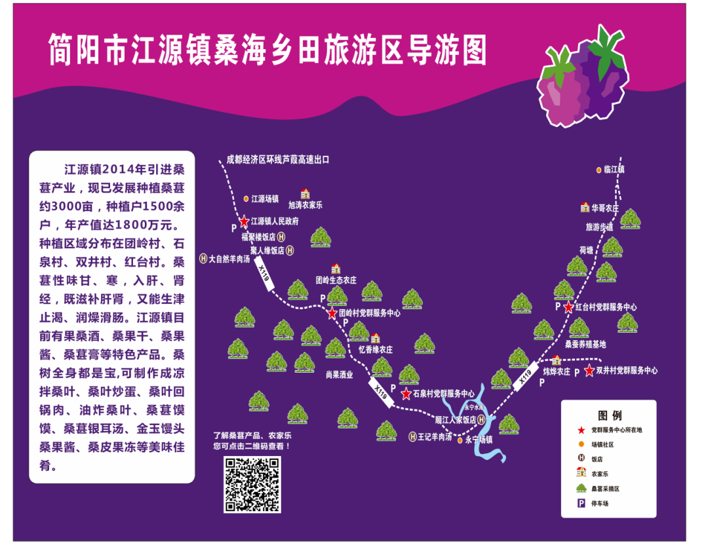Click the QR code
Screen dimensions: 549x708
[252, 485]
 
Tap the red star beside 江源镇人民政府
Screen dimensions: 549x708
[244, 221]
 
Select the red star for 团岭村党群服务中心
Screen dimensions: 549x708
[332, 313]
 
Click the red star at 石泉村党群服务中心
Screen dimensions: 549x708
[406, 394]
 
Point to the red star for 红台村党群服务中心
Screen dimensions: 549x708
[568, 307]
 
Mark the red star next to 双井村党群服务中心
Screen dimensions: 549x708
[589, 371]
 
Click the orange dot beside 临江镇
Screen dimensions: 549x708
[599, 170]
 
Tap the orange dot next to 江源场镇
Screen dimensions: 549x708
[246, 198]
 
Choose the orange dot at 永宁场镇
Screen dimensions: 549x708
[460, 440]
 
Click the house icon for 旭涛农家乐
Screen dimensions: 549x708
[305, 194]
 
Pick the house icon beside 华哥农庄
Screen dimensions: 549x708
[585, 208]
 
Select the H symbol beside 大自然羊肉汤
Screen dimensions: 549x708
[203, 258]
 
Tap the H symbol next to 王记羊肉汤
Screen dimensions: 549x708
[412, 436]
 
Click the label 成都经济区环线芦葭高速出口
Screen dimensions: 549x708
[277, 159]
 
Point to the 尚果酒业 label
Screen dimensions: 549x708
[339, 375]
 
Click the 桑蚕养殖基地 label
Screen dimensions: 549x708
[585, 344]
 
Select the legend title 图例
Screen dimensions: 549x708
[610, 415]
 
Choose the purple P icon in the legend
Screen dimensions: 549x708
[580, 504]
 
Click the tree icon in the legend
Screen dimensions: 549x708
[580, 488]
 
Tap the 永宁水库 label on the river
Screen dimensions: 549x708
[473, 407]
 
